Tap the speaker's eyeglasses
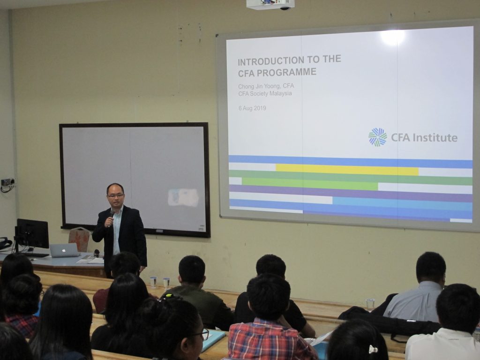point(116,195)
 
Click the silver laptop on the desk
point(65,250)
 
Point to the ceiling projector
point(270,4)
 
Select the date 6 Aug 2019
point(252,108)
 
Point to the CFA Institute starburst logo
point(377,137)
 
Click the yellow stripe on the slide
point(347,170)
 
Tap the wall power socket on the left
point(7,182)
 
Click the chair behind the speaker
point(80,239)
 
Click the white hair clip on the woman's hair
point(373,349)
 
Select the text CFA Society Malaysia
point(265,94)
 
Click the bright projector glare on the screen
point(392,37)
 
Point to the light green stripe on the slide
point(310,184)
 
